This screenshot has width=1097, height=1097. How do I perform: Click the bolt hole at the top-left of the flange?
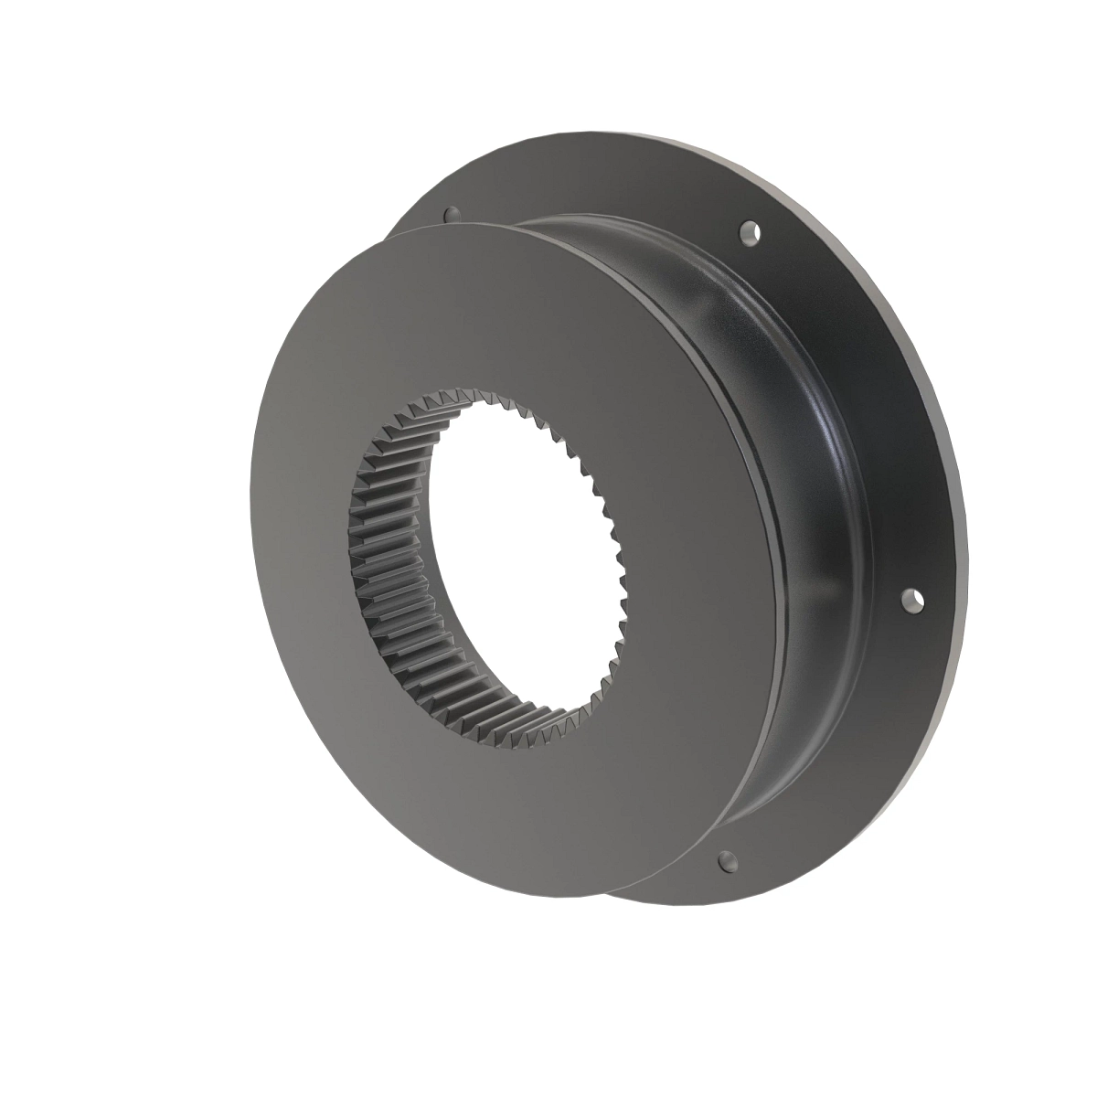coord(449,214)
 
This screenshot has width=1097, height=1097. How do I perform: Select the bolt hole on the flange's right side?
coord(911,601)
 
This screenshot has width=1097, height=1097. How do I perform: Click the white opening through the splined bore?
coord(521,558)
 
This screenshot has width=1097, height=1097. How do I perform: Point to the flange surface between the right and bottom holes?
coord(850,750)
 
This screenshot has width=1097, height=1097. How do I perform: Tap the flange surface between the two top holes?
coord(594,197)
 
